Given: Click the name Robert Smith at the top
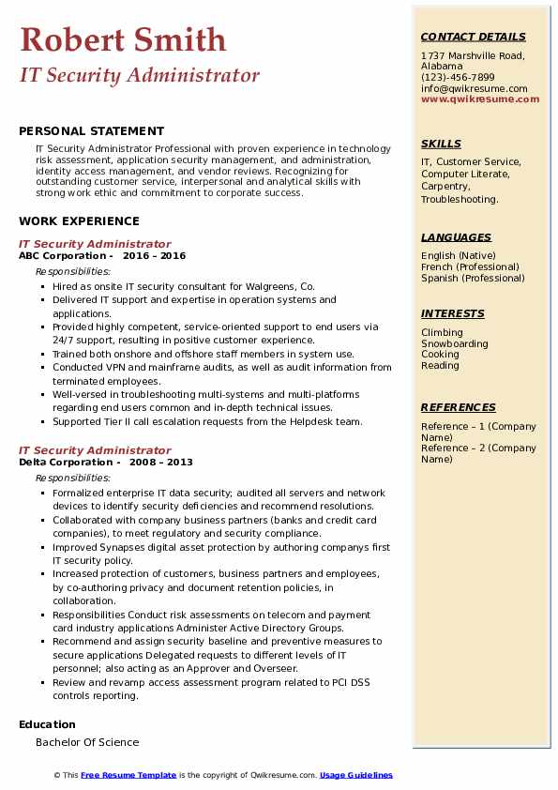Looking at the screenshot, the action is (x=122, y=39).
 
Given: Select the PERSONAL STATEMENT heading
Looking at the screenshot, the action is (x=91, y=131).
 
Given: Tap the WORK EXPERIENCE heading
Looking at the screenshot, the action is (x=79, y=221).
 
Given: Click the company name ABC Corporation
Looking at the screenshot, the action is (x=62, y=256).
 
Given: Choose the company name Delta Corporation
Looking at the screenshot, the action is (x=65, y=463).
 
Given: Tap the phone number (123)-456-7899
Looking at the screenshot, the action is (x=458, y=78).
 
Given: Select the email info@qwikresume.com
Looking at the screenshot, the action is (x=474, y=88).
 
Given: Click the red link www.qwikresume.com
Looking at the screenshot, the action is (x=480, y=99).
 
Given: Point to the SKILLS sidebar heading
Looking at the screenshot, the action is (x=441, y=144).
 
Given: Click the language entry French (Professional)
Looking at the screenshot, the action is (x=471, y=266).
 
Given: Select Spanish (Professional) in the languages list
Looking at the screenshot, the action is (x=474, y=278).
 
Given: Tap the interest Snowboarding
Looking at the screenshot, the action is (x=455, y=343).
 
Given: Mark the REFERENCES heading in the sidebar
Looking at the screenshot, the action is (x=458, y=407).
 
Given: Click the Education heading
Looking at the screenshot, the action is (x=47, y=724).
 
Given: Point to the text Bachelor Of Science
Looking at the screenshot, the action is (x=87, y=742).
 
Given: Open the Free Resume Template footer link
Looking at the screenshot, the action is (x=128, y=775).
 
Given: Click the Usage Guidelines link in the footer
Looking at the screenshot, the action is (x=355, y=775).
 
